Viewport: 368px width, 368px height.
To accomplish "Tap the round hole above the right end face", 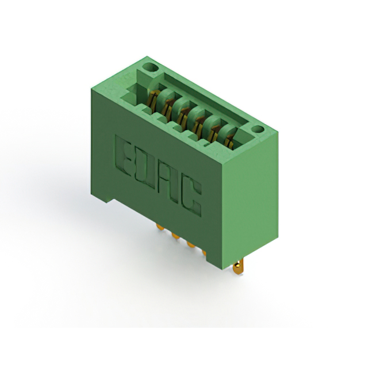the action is coord(258,129).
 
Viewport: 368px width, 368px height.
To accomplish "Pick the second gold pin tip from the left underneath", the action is coord(175,235).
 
